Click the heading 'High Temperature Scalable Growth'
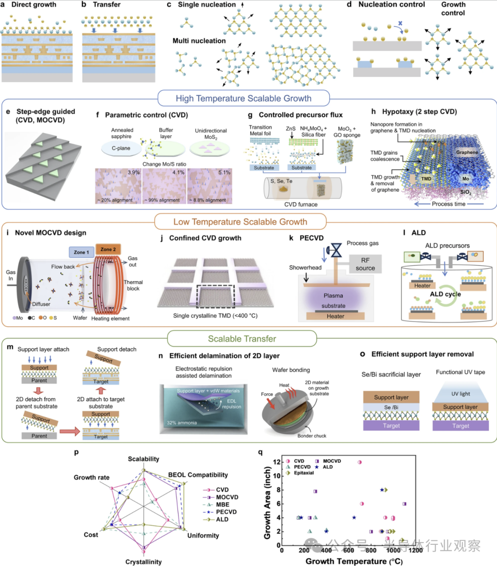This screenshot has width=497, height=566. click(x=243, y=99)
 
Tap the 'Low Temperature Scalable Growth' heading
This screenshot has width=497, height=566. click(x=240, y=222)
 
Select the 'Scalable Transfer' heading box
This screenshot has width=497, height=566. click(x=242, y=339)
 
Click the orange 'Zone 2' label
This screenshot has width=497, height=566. click(x=108, y=250)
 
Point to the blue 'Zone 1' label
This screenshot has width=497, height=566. click(x=81, y=252)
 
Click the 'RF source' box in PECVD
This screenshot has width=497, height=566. click(x=365, y=264)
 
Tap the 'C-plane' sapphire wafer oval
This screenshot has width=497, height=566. click(x=121, y=148)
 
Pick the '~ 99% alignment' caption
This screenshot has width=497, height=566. click(x=164, y=200)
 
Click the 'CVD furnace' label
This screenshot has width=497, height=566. click(x=301, y=204)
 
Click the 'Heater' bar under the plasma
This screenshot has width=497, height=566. click(x=335, y=316)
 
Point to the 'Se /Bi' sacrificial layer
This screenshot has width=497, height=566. click(x=391, y=407)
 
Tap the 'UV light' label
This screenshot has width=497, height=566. click(x=461, y=394)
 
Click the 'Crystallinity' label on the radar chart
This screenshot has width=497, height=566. click(x=144, y=562)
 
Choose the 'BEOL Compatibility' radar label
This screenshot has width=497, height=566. click(x=198, y=475)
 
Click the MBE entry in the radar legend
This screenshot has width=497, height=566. click(x=223, y=505)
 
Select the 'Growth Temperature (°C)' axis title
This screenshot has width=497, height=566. click(x=354, y=561)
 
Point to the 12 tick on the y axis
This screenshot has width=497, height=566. click(x=277, y=462)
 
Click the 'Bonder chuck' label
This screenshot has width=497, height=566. click(x=312, y=436)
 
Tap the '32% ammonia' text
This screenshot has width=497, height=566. click(x=182, y=423)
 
